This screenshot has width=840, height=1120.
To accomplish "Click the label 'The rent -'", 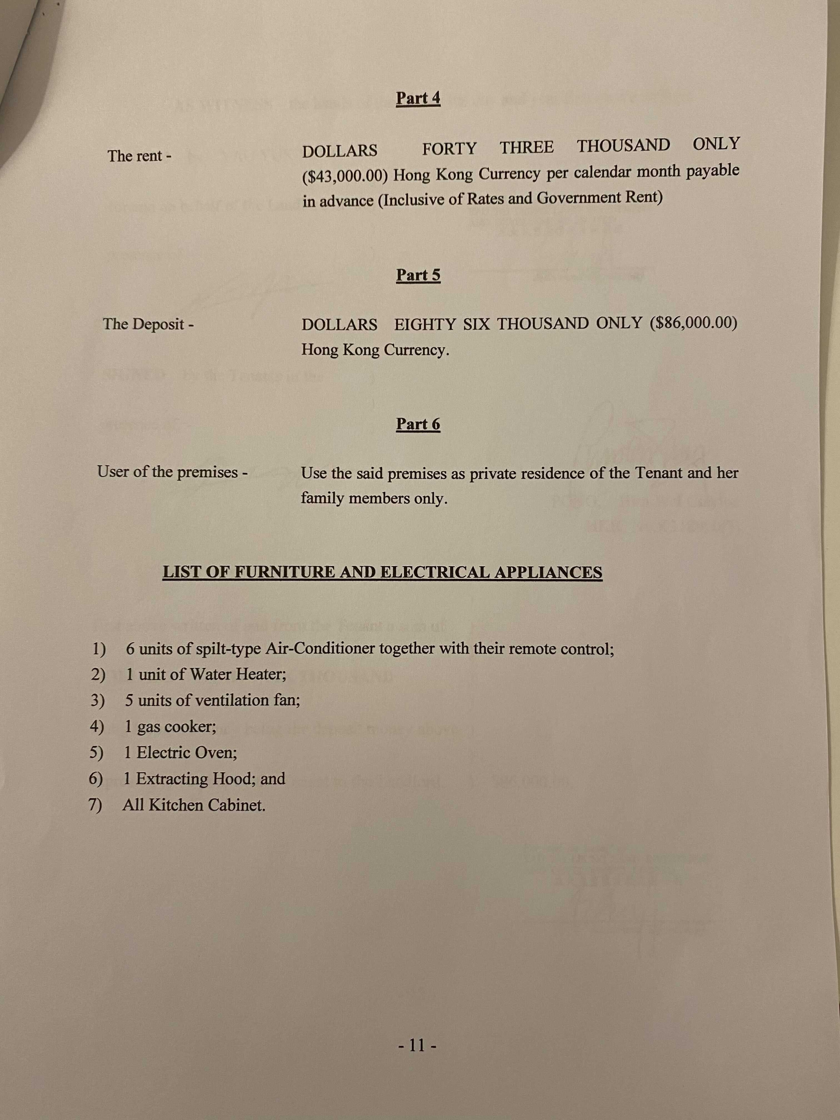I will point(139,156).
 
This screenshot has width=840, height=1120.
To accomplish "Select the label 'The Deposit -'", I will point(148,324).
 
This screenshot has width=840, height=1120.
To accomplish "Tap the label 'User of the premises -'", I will point(172,472).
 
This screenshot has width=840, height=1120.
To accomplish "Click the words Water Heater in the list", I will point(237,674).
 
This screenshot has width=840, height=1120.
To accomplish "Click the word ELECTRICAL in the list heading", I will point(434,572).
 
